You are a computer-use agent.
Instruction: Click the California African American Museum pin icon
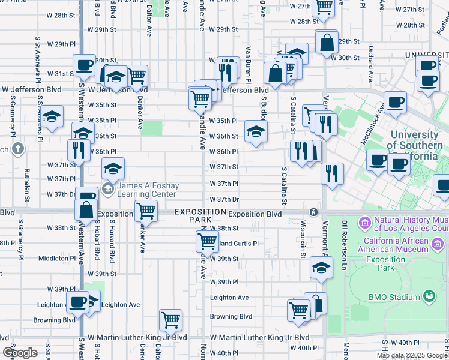[438, 244]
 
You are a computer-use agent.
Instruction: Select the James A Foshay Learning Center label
[148, 190]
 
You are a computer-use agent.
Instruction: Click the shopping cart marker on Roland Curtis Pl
[207, 241]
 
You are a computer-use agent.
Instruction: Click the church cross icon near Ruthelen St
[19, 148]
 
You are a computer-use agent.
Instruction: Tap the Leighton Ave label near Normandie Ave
[229, 298]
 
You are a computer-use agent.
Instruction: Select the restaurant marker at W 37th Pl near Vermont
[332, 173]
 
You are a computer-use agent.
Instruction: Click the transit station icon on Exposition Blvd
[313, 213]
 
